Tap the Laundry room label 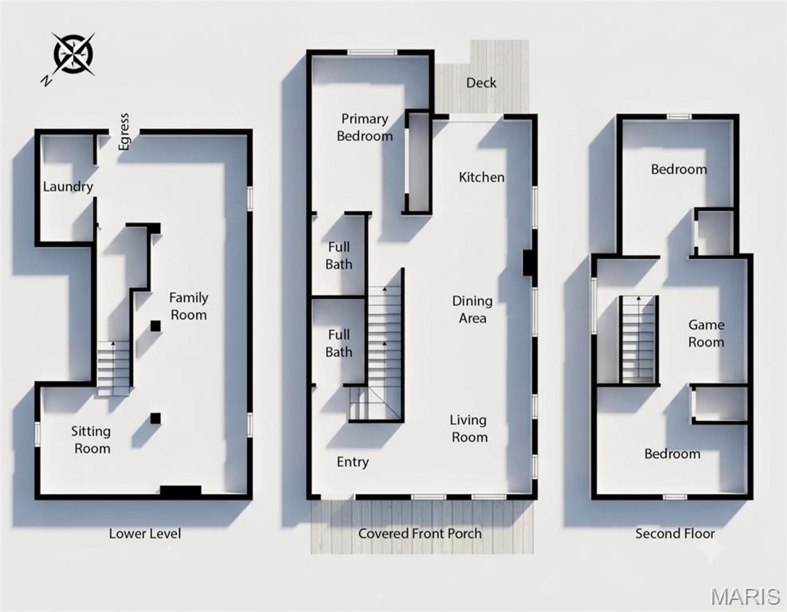[x=68, y=187]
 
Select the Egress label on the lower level [x=124, y=131]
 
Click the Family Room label [x=188, y=306]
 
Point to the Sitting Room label [x=92, y=440]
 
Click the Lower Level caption [x=144, y=533]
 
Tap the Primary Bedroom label [x=364, y=127]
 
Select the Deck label [x=481, y=83]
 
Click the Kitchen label [x=481, y=177]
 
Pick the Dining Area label [x=472, y=309]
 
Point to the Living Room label [x=469, y=428]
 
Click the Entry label [x=352, y=462]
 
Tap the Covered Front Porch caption [x=420, y=533]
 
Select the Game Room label [x=706, y=333]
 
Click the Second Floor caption [x=675, y=533]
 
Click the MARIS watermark [x=746, y=596]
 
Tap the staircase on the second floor [x=638, y=339]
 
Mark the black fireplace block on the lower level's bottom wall [x=181, y=491]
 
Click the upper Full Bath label [x=339, y=256]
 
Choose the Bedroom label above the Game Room [x=679, y=170]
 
